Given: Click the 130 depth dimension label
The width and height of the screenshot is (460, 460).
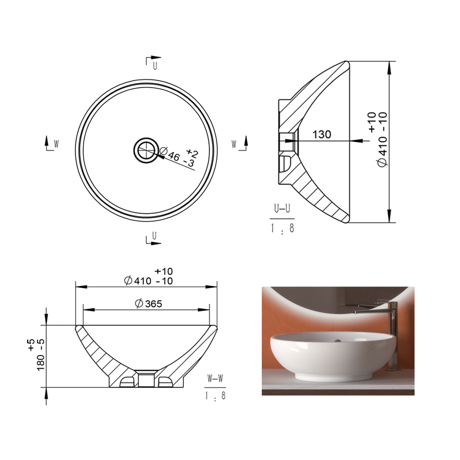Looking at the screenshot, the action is (322, 134).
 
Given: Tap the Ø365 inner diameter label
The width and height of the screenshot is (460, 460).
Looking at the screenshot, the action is (149, 304).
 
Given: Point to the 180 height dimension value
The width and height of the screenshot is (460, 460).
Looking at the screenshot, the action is (41, 362).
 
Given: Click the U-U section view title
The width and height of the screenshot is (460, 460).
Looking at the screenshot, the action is (282, 208).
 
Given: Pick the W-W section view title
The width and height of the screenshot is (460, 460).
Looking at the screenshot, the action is (215, 379).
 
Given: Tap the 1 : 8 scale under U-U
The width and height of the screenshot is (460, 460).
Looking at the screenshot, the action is (282, 228).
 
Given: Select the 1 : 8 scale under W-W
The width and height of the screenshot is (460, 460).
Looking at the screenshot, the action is (215, 396).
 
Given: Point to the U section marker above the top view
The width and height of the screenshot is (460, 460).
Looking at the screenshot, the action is (153, 62).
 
